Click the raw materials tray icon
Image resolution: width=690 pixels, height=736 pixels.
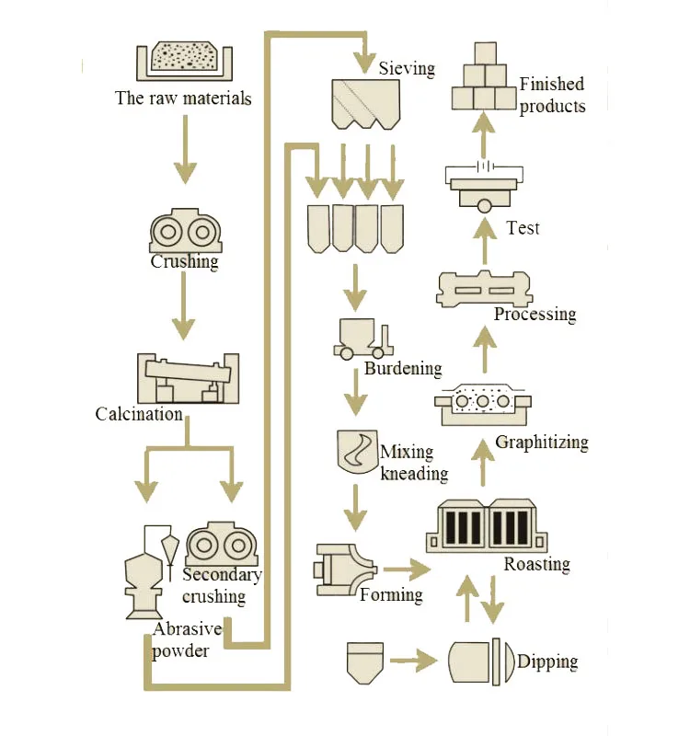[183, 61]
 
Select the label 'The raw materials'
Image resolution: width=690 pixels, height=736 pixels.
[183, 98]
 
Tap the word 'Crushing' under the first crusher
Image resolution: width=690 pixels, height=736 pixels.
[185, 261]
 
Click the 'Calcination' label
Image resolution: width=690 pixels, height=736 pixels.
[139, 414]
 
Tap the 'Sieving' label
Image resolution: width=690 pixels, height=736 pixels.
[406, 68]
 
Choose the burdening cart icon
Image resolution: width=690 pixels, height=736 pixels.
[360, 339]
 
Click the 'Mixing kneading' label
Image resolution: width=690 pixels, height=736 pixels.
[413, 463]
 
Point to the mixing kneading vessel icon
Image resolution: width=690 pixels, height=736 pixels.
[354, 451]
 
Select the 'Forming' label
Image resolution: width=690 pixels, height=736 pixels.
[391, 594]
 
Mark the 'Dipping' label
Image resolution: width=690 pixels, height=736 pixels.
[547, 661]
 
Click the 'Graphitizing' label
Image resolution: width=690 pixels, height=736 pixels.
[541, 443]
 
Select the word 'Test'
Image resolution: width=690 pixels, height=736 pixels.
[523, 227]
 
